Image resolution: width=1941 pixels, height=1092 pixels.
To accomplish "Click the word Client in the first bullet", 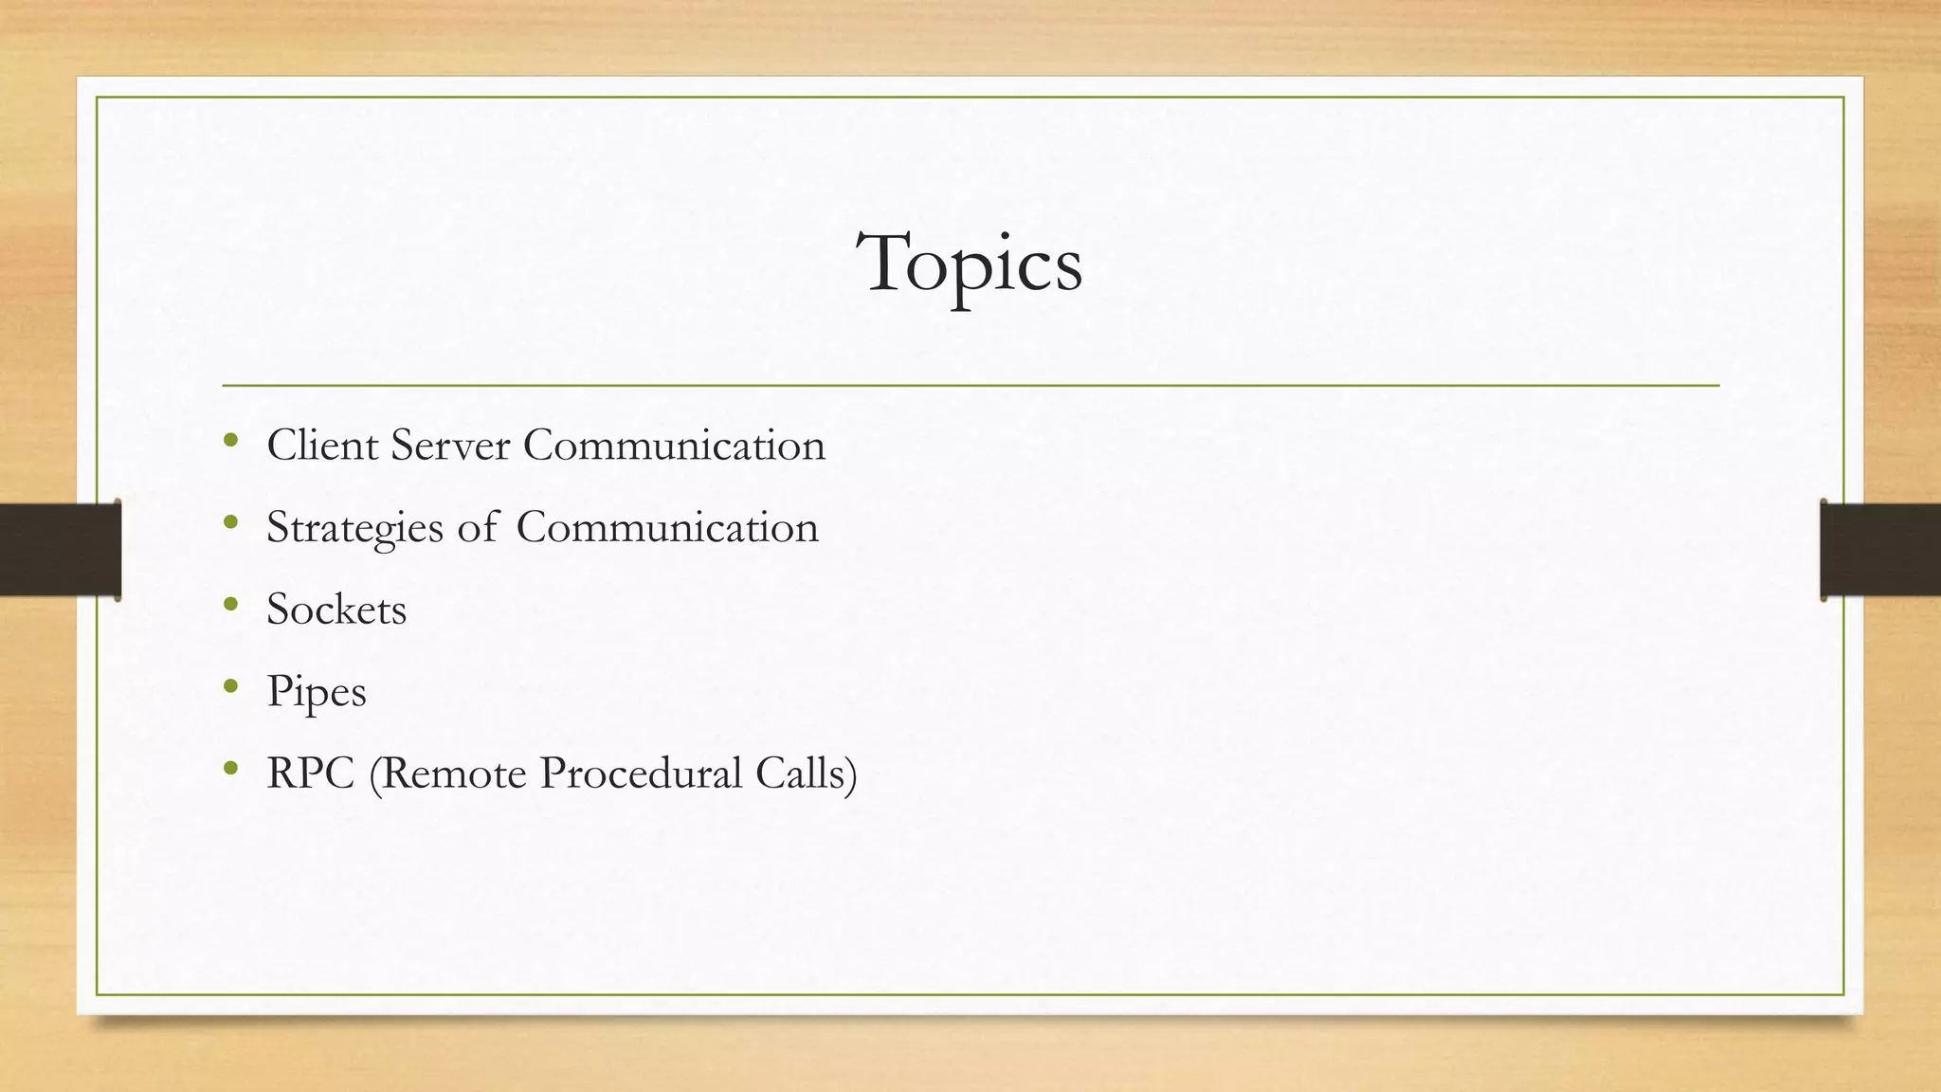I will [x=322, y=445].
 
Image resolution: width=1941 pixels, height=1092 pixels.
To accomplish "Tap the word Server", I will [x=450, y=445].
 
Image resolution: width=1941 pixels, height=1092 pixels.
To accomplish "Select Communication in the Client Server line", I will [x=674, y=445].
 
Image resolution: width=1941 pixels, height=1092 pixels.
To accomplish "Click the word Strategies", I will [x=354, y=528].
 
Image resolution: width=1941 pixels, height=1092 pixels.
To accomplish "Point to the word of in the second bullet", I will [x=477, y=527].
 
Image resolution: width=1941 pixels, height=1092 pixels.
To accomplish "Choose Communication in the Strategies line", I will [x=667, y=527].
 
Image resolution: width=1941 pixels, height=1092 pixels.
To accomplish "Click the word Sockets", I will [x=336, y=609].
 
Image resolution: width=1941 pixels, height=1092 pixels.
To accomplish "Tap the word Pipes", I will [x=317, y=692].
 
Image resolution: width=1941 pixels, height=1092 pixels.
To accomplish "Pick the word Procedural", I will [x=642, y=773].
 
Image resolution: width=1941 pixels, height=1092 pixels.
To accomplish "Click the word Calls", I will [x=800, y=773].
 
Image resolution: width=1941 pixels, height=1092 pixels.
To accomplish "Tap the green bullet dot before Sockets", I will [x=230, y=604].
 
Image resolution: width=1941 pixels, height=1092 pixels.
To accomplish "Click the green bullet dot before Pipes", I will [x=230, y=685].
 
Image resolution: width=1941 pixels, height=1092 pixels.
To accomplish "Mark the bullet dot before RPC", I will [x=230, y=768].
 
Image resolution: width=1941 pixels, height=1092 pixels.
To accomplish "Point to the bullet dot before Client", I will [x=230, y=440].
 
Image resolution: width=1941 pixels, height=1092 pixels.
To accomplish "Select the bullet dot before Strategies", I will [x=230, y=521].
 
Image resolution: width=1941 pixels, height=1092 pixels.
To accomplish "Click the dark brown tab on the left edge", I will [x=60, y=550].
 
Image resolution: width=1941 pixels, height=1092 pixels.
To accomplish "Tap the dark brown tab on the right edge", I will [x=1880, y=550].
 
